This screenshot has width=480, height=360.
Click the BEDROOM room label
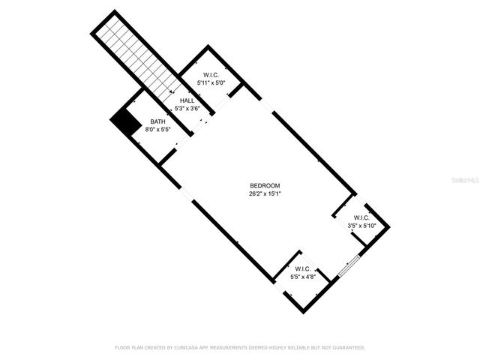pyautogui.click(x=265, y=185)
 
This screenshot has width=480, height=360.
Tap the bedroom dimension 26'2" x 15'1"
pyautogui.click(x=265, y=193)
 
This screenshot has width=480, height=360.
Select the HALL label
pyautogui.click(x=187, y=100)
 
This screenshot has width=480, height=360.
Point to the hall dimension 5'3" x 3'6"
pyautogui.click(x=187, y=109)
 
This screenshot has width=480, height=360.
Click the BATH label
pyautogui.click(x=157, y=121)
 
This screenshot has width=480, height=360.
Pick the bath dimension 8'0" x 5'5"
pyautogui.click(x=157, y=129)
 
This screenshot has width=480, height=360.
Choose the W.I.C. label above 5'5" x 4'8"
pyautogui.click(x=303, y=268)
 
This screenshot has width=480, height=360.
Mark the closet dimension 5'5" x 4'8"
pyautogui.click(x=303, y=276)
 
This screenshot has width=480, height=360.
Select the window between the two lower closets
pyautogui.click(x=349, y=265)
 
